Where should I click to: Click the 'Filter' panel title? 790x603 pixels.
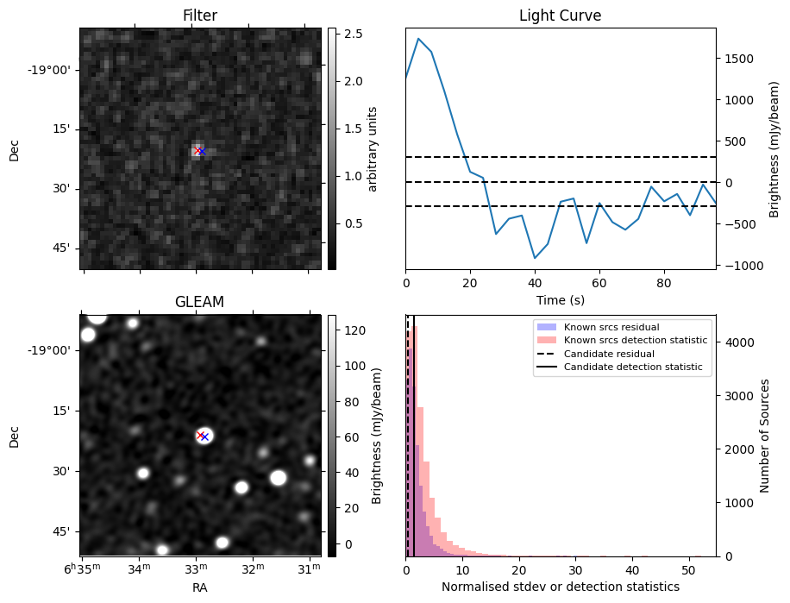coord(200,16)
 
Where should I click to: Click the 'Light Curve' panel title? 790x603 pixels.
coord(560,16)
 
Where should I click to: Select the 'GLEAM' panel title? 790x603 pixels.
coord(199,302)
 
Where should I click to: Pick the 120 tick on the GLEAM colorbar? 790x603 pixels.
coord(354,330)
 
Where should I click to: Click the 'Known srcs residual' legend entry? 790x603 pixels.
coord(611,328)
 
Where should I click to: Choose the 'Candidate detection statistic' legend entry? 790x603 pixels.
coord(632,367)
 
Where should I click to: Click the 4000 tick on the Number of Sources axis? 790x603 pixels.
coord(737,342)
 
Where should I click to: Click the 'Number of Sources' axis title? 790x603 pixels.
coord(765,436)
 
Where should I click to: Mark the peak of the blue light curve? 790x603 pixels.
coord(418,38)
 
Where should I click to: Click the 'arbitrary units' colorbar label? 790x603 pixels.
coord(373,148)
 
